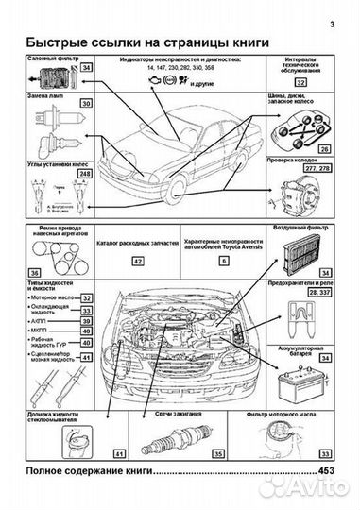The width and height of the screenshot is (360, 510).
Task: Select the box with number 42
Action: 138,260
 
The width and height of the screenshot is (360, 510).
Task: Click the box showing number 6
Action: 223,260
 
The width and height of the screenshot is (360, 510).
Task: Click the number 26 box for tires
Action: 324,149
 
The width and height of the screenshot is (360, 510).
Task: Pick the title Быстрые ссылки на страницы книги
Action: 145,43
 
